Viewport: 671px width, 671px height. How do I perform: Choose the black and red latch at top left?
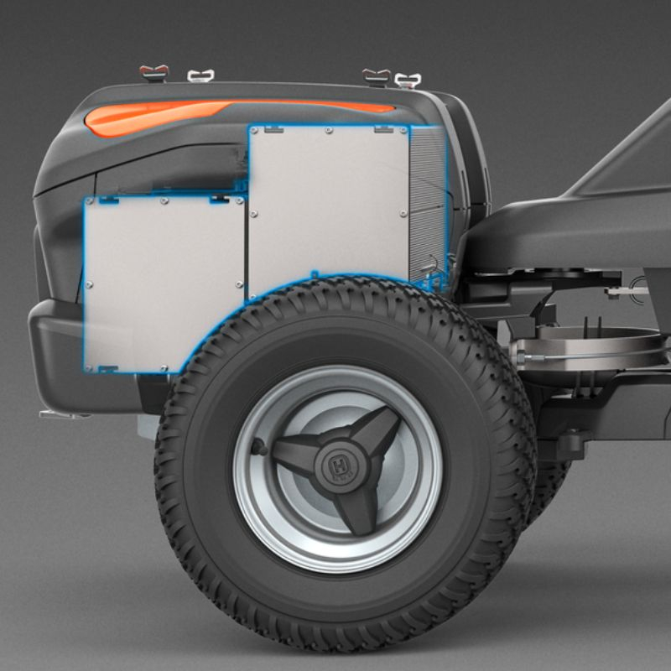[x=154, y=72]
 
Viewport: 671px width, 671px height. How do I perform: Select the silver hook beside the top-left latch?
[x=200, y=75]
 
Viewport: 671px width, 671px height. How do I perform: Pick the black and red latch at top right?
[x=376, y=76]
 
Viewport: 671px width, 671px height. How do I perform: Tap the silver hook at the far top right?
[x=408, y=81]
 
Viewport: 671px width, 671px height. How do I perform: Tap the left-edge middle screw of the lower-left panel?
[x=89, y=284]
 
